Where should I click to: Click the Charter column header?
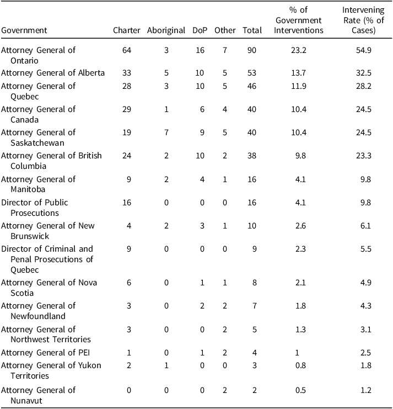click(127, 30)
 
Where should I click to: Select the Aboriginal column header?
click(166, 30)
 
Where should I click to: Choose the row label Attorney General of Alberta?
click(53, 73)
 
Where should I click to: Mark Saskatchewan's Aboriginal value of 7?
click(166, 132)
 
